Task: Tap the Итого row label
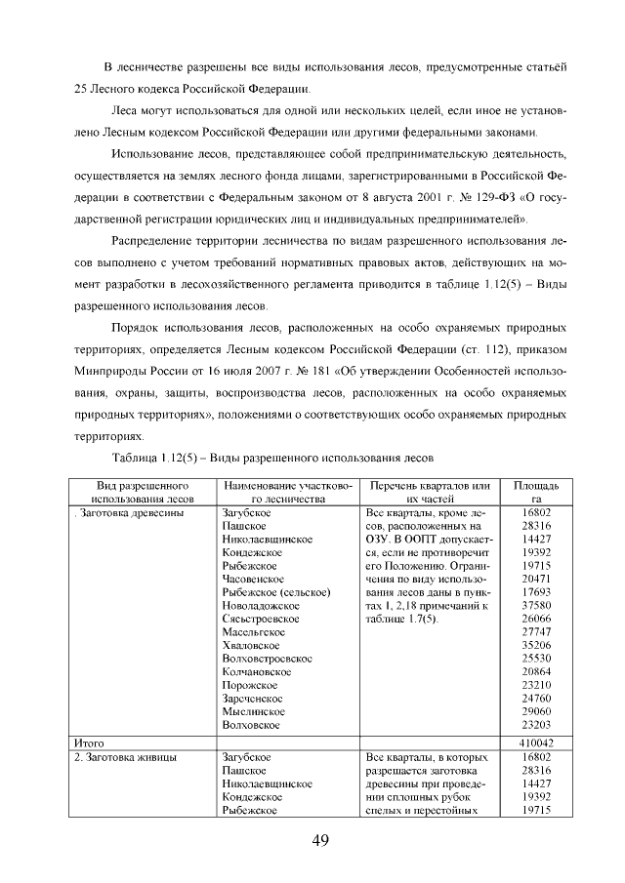89,743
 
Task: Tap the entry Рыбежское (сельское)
276,591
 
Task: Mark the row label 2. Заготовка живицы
126,757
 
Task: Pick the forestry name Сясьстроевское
261,619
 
